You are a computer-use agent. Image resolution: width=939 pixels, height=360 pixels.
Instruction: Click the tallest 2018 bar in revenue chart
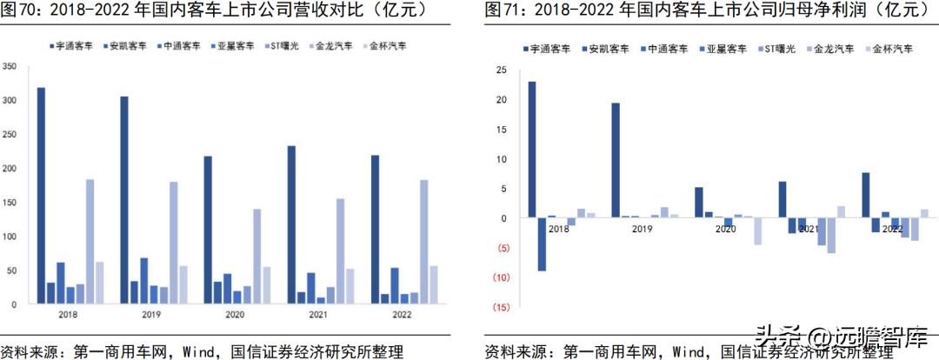[x=41, y=196]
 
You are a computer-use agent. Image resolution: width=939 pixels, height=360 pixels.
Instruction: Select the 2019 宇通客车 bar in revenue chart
[x=124, y=200]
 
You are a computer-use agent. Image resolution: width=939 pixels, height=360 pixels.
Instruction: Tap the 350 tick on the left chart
[x=10, y=67]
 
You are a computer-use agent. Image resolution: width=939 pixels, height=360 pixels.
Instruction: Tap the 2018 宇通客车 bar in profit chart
[x=532, y=149]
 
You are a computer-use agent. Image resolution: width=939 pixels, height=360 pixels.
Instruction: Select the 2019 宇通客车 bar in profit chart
[x=616, y=160]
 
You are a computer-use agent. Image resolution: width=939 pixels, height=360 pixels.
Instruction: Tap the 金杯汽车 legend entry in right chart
[x=889, y=51]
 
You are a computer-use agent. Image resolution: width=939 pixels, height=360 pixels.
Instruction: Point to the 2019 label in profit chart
[x=642, y=229]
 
